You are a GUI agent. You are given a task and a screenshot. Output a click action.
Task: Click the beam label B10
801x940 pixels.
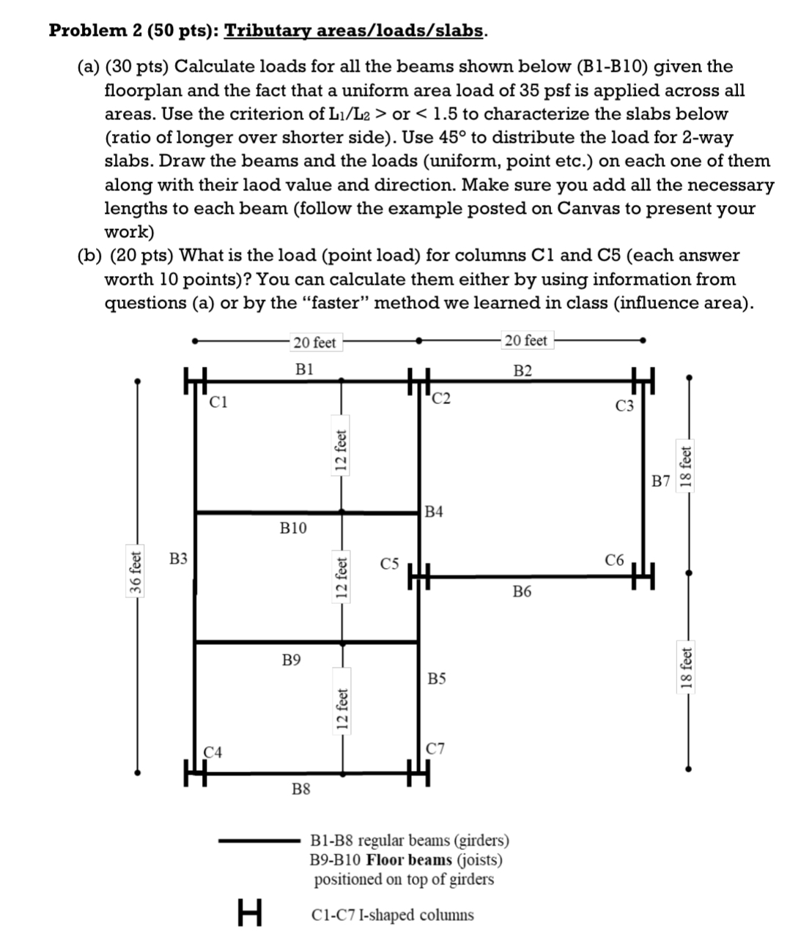coord(293,528)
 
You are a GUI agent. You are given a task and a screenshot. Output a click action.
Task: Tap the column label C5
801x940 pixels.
coord(390,564)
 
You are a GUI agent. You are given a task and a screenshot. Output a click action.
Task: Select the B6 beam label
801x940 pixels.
coord(522,592)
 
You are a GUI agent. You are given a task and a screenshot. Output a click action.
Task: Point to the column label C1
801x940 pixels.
coord(218,401)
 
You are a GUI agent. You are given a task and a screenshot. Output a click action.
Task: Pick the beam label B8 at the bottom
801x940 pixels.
coord(300,789)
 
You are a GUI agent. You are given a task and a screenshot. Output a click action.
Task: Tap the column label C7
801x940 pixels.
coord(435,749)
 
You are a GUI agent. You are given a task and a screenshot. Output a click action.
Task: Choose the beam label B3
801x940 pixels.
coord(178,559)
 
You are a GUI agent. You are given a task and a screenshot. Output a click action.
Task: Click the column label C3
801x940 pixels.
coord(624,407)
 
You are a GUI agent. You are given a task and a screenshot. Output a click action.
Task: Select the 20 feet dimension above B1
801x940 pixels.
coord(314,342)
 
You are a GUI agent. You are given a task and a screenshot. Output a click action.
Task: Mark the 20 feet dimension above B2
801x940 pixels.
coord(525,340)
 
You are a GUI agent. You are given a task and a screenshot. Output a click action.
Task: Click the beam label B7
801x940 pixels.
coord(661,481)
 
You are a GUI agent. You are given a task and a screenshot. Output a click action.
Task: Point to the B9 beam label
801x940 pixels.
coord(292,660)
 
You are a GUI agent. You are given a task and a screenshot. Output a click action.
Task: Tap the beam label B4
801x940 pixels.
coord(434,511)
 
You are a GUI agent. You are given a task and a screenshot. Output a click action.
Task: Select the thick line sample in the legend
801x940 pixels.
coord(257,841)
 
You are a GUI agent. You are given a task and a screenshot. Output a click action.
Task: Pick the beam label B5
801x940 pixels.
coord(436,679)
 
